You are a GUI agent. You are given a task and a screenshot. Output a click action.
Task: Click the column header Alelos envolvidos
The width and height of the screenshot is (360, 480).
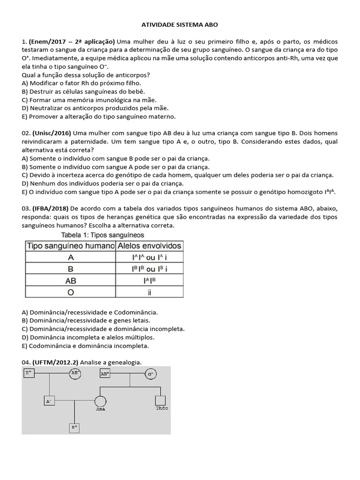click(150, 246)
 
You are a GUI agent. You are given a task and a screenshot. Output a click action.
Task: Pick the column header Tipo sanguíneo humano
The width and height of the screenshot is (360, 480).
click(70, 246)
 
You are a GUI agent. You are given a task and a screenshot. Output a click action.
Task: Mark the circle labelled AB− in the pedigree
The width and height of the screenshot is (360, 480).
click(75, 373)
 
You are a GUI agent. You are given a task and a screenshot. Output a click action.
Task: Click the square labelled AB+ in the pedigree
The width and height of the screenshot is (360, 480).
click(105, 374)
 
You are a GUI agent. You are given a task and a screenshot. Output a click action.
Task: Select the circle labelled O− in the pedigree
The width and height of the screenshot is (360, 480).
click(150, 374)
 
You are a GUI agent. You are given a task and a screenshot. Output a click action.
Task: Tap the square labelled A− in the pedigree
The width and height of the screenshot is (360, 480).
click(49, 401)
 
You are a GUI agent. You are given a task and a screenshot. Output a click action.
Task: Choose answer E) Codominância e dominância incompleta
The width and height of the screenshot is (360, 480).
click(85, 345)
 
